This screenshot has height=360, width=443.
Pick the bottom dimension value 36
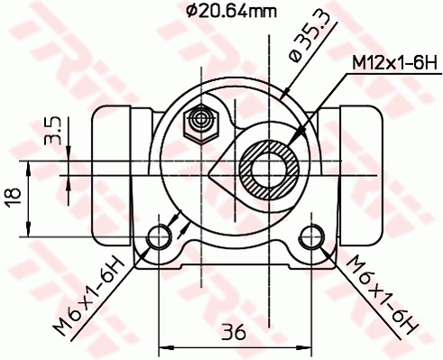click(234, 331)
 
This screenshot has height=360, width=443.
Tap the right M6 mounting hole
click(312, 236)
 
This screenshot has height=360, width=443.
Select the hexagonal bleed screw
click(198, 120)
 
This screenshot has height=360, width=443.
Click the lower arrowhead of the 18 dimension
click(32, 232)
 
